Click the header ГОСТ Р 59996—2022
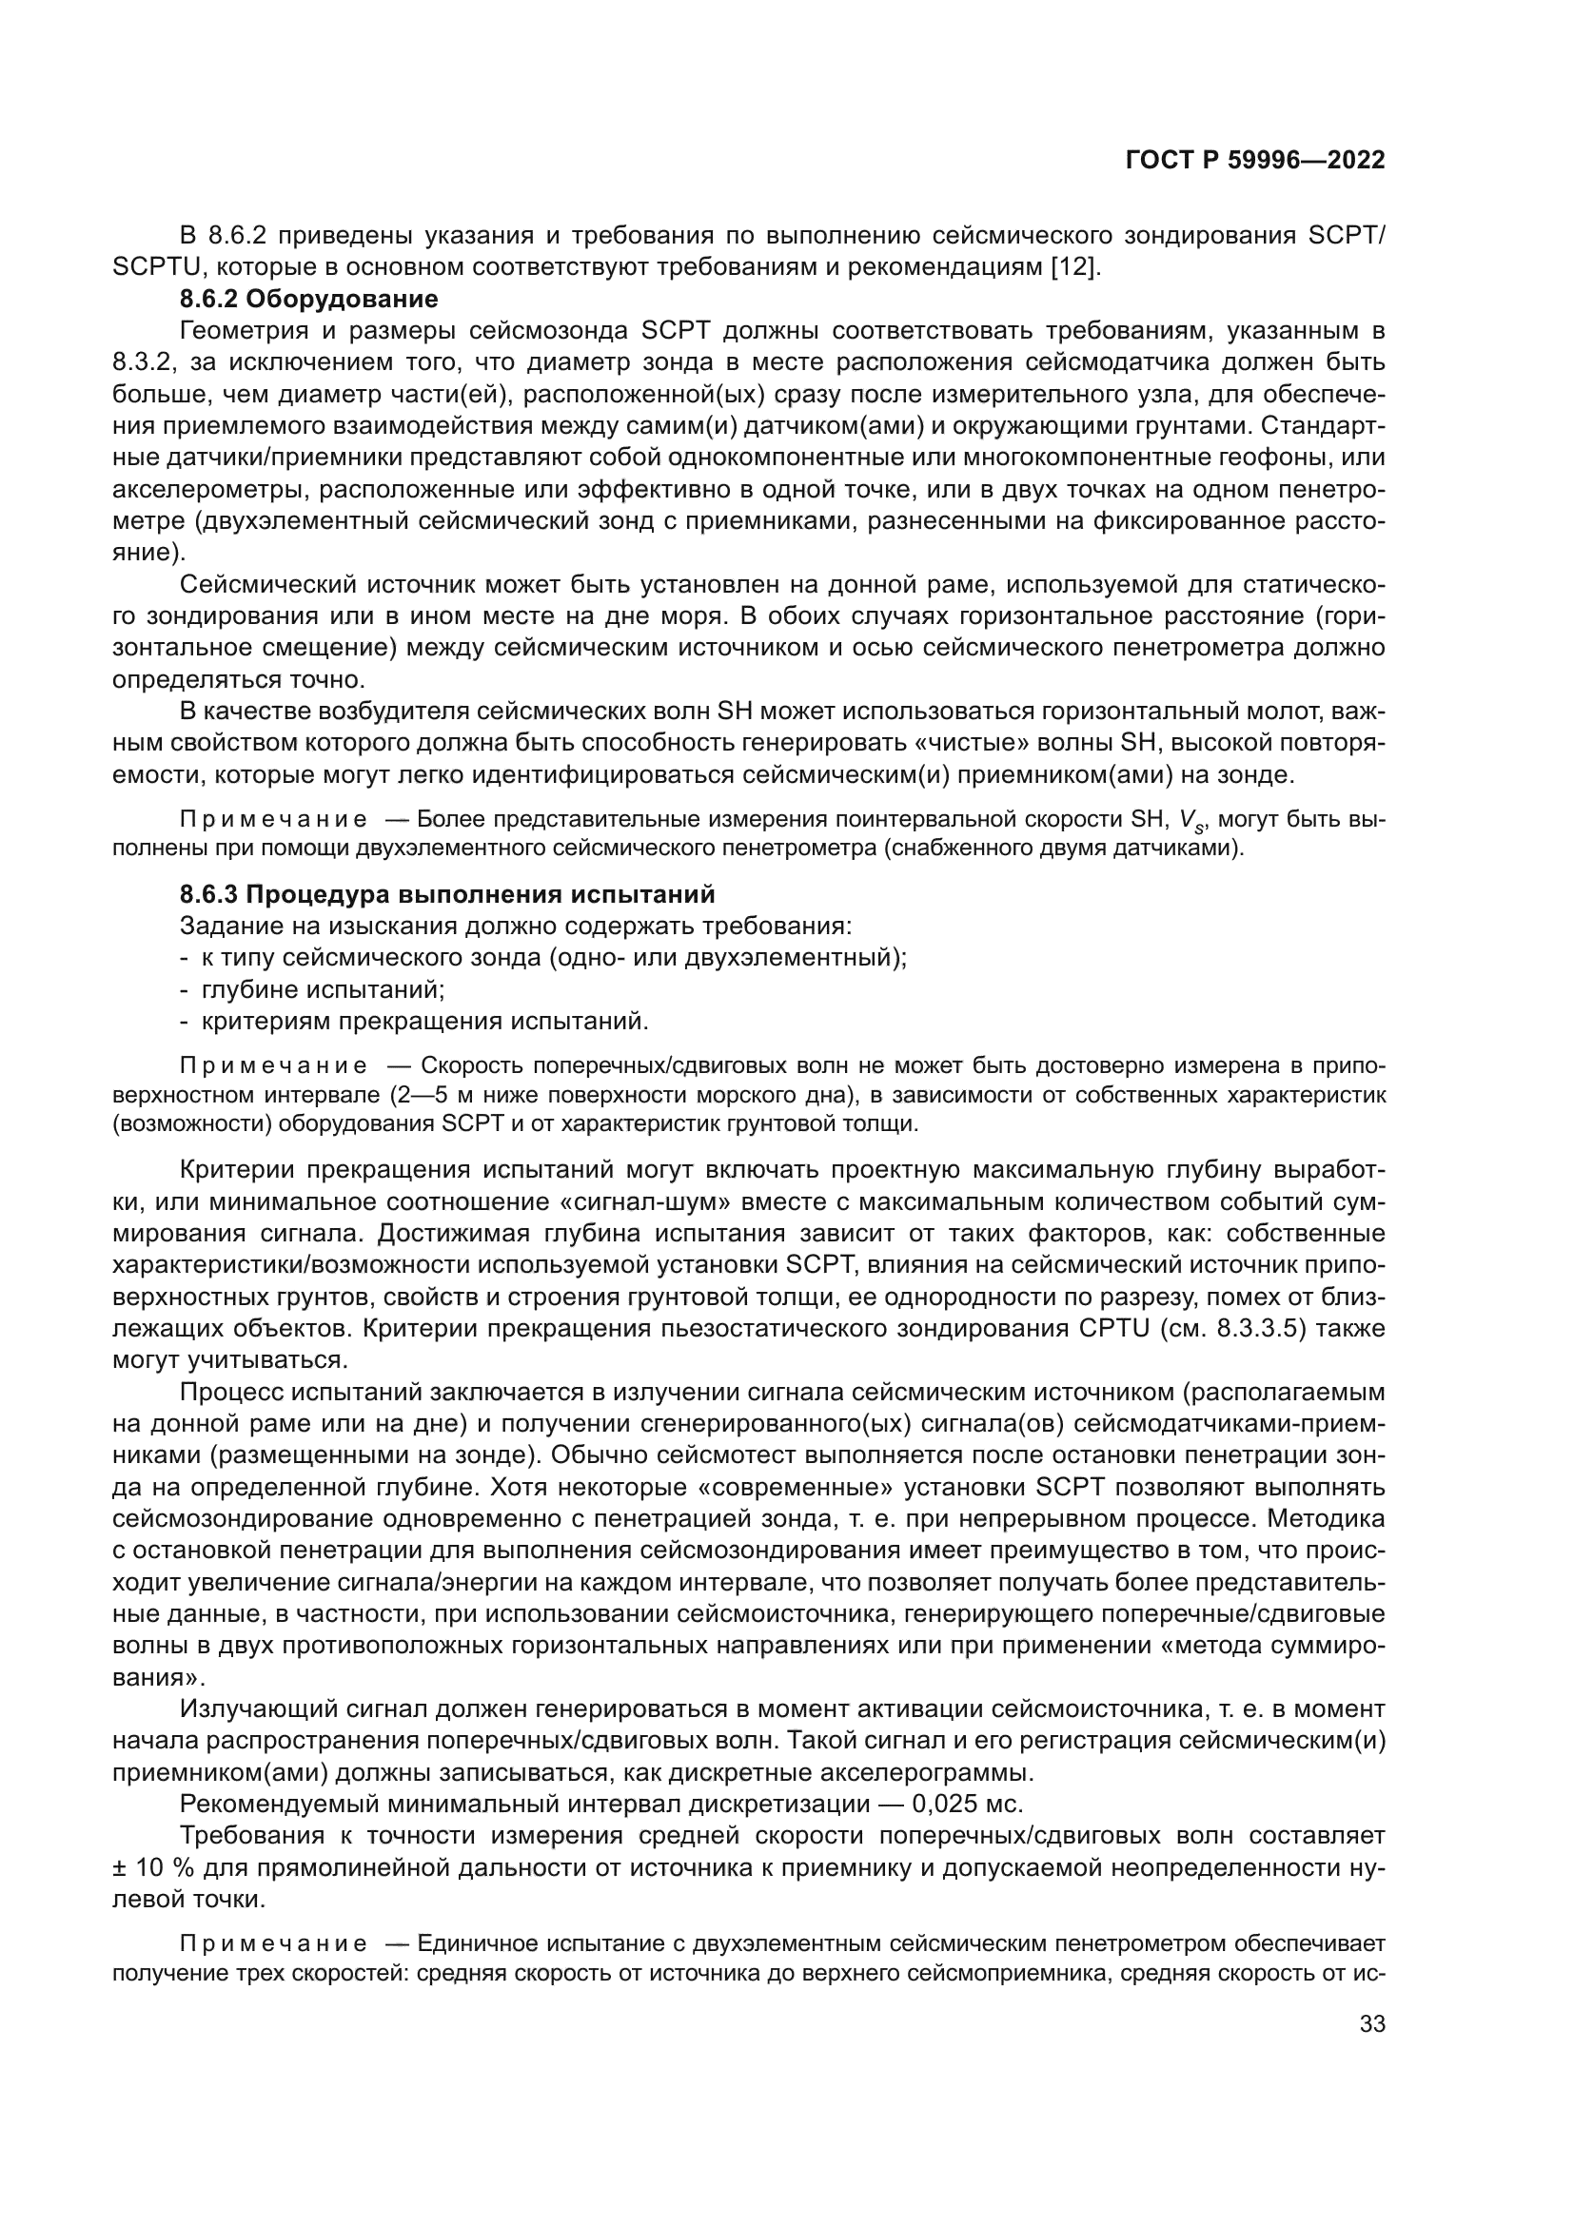point(1255,161)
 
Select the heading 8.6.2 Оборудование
point(309,299)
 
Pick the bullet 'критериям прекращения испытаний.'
point(423,1022)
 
